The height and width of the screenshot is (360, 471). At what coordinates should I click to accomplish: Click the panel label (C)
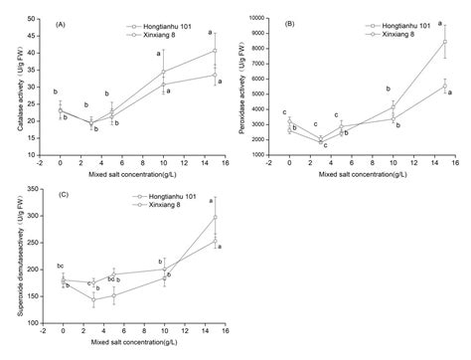click(x=64, y=196)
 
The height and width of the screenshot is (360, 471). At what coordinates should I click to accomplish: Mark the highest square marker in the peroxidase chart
click(x=443, y=42)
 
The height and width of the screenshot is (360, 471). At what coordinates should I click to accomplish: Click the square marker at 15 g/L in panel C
click(x=215, y=217)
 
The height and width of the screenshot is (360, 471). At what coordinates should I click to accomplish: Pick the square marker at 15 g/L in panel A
click(x=214, y=51)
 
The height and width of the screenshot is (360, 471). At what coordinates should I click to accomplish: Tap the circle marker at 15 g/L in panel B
click(x=443, y=87)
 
